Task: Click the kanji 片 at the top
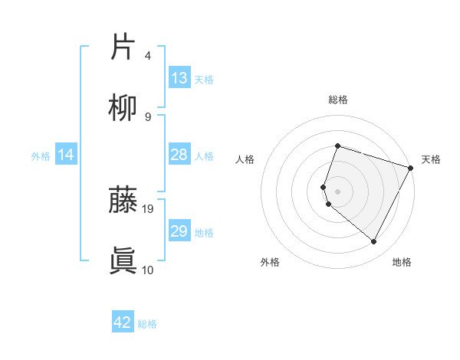click(x=123, y=47)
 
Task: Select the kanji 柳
click(x=123, y=109)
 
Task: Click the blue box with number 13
click(x=179, y=78)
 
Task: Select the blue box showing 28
click(x=179, y=155)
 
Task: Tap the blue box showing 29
click(x=179, y=231)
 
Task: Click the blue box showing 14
click(x=66, y=155)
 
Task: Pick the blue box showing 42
click(x=123, y=322)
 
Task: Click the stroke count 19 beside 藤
click(x=149, y=208)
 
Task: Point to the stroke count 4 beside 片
click(x=148, y=55)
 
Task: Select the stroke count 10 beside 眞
click(x=148, y=270)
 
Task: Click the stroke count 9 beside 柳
click(x=148, y=116)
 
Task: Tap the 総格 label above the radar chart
click(x=338, y=100)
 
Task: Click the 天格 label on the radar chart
click(x=431, y=159)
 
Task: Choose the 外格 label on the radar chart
click(x=270, y=262)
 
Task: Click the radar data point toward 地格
click(x=374, y=242)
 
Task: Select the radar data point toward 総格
click(x=337, y=146)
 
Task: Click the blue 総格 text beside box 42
click(x=147, y=324)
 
